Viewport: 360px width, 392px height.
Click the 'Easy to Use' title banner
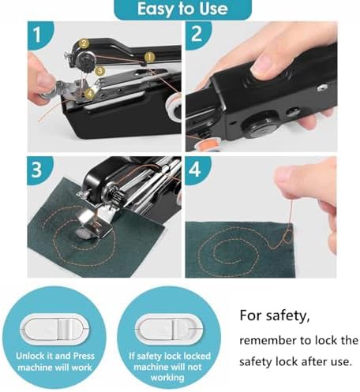tap(182, 9)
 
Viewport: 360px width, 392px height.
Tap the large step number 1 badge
tap(39, 34)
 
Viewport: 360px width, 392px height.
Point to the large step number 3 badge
tap(39, 170)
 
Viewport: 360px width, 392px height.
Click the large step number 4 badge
tap(197, 170)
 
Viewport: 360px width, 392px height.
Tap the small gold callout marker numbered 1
tap(149, 57)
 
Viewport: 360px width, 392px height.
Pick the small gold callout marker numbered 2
tap(84, 43)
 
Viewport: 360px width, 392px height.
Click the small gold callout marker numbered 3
tap(99, 71)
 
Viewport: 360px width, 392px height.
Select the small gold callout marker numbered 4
tap(90, 93)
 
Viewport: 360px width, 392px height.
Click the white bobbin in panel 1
tap(174, 109)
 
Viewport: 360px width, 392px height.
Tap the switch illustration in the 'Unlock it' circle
tap(54, 329)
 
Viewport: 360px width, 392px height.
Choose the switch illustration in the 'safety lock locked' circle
tap(169, 329)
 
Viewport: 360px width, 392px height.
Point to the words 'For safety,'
tap(275, 315)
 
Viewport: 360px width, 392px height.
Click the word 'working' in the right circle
tap(167, 378)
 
